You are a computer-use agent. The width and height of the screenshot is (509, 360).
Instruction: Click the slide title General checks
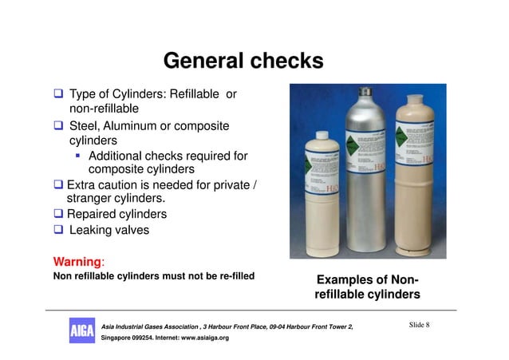[x=243, y=61]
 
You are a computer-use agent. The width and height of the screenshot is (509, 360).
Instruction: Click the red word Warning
[x=76, y=261]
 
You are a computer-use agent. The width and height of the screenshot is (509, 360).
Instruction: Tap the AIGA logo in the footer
[x=81, y=330]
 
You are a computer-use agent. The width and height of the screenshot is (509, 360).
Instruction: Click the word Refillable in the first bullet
[x=191, y=94]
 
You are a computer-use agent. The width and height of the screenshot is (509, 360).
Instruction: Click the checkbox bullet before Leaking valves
[x=58, y=231]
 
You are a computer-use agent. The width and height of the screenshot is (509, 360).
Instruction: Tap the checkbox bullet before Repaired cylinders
[x=58, y=215]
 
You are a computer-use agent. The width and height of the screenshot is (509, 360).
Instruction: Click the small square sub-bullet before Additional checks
[x=79, y=156]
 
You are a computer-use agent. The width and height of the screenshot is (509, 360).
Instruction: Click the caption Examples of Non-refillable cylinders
[x=367, y=287]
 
